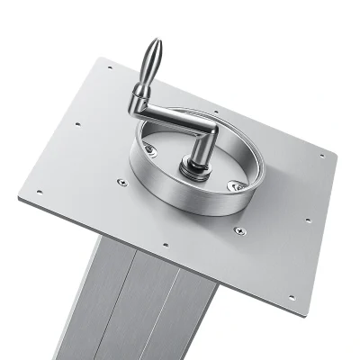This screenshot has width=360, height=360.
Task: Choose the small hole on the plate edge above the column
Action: pyautogui.click(x=166, y=242)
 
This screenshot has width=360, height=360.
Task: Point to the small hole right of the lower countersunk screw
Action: pyautogui.click(x=307, y=219)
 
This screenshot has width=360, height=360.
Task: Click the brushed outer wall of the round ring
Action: pyautogui.click(x=180, y=197)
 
